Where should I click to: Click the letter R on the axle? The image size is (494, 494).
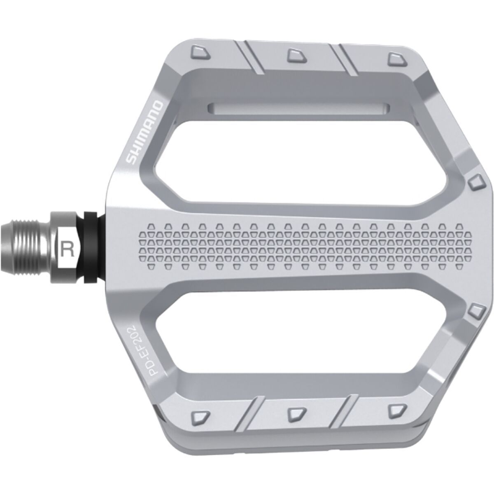(x=67, y=248)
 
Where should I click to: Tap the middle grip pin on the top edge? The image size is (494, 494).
(x=295, y=54)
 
